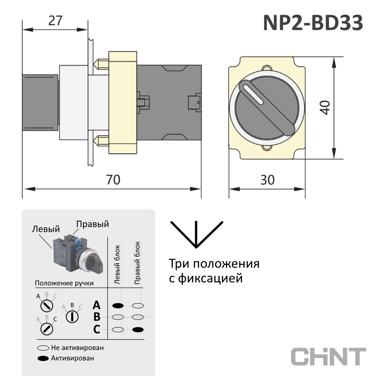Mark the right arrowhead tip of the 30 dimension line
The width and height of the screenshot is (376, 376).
tap(305, 189)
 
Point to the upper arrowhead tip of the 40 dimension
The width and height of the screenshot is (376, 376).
tap(334, 58)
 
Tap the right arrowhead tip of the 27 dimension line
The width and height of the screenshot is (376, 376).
tap(87, 30)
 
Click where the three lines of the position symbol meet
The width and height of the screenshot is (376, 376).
tap(196, 247)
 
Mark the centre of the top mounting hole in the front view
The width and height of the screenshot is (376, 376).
tap(267, 68)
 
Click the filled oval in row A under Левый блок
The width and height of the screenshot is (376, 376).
tap(118, 305)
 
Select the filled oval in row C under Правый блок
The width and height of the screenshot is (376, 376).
tap(138, 329)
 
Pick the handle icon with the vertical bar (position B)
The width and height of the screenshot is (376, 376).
tap(72, 317)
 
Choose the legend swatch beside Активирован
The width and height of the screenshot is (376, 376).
tap(43, 358)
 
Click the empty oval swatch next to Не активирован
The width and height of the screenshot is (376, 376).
tap(43, 348)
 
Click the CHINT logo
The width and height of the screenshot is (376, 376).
tap(328, 356)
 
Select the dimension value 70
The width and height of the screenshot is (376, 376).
tap(113, 180)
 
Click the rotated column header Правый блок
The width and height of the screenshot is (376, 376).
tap(137, 263)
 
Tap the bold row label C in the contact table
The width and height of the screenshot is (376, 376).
tap(97, 329)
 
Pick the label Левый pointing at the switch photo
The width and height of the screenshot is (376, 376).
tap(46, 229)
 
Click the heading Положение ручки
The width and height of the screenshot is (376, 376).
tap(64, 283)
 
